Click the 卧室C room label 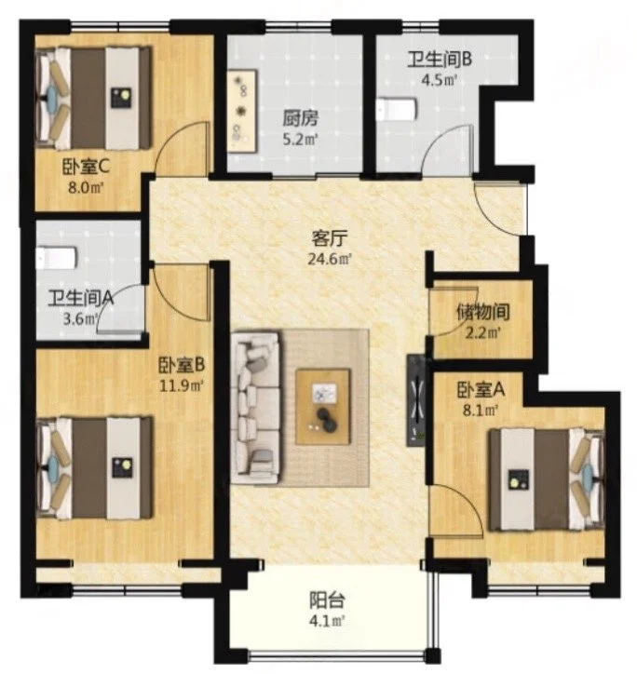(86, 167)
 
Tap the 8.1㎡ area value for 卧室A (481, 411)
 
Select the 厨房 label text (300, 118)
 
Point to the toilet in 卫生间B (397, 109)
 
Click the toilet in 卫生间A (57, 257)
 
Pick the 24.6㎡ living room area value (330, 259)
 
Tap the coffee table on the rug (323, 406)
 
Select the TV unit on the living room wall (416, 400)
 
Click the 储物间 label (482, 312)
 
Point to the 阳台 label (327, 600)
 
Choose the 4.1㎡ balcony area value (327, 621)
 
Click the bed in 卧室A (547, 479)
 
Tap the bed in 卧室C (93, 98)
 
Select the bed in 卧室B (94, 467)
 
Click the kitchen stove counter (242, 111)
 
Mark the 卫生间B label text (440, 60)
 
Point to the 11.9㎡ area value (181, 385)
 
